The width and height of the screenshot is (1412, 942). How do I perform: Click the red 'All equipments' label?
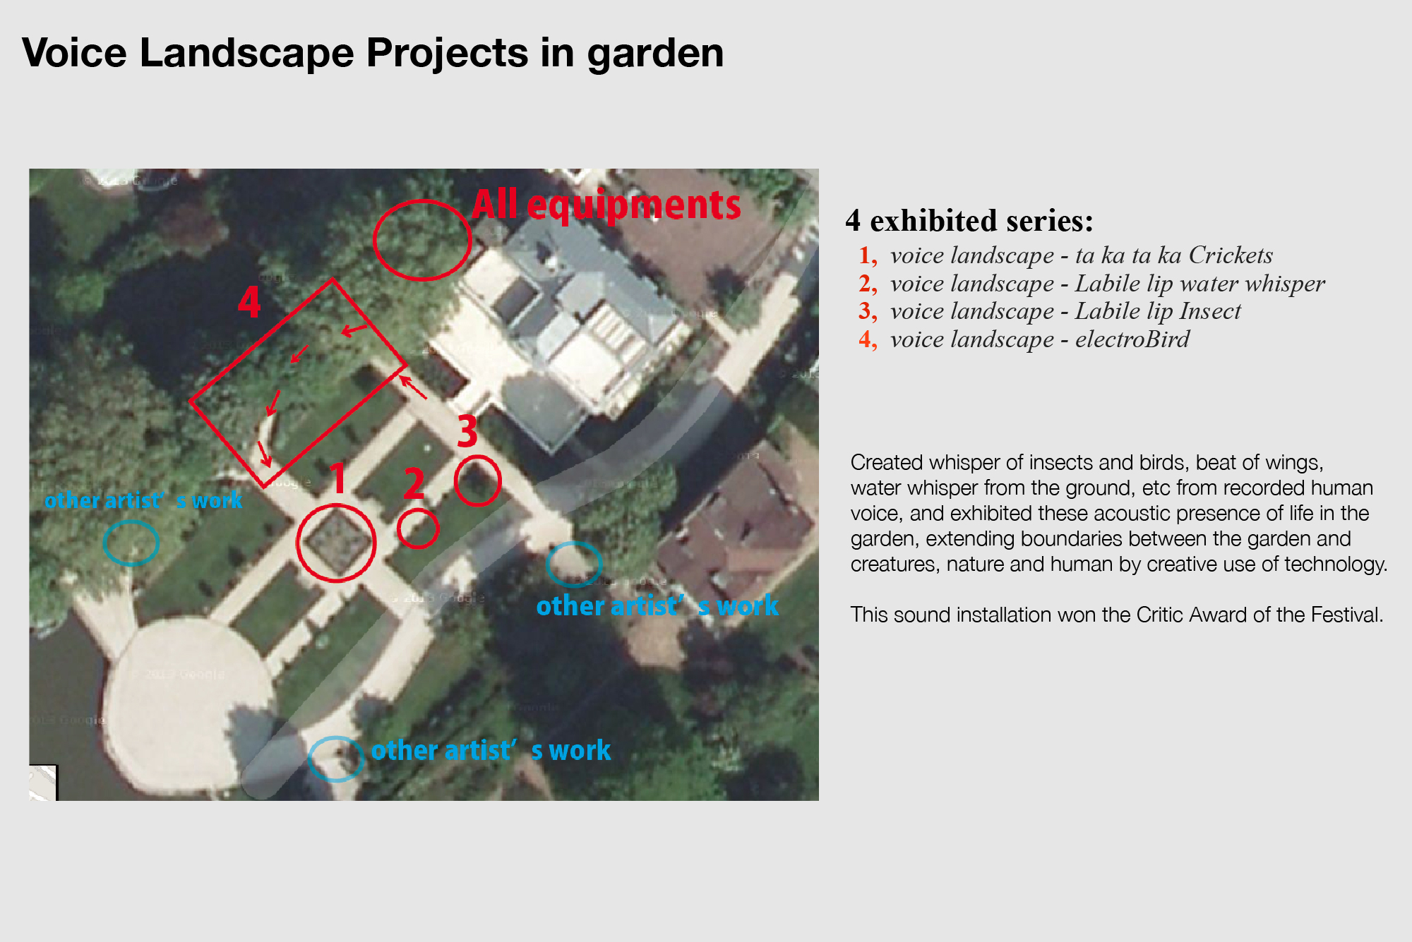point(606,205)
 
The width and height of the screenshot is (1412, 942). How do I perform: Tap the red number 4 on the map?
point(249,303)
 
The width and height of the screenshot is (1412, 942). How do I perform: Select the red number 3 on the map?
point(467,430)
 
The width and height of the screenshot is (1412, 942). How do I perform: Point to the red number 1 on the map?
point(339,478)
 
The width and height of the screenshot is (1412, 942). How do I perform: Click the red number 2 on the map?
point(414,483)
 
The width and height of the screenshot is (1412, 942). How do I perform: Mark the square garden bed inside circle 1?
point(336,543)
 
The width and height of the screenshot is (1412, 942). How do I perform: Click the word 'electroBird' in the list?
point(1132,339)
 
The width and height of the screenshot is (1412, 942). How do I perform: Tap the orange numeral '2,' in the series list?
point(868,284)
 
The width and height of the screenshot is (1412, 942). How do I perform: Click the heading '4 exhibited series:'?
point(969,221)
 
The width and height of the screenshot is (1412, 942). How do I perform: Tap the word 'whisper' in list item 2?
point(1285,284)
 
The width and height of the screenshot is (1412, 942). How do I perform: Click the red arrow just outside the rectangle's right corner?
point(414,388)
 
